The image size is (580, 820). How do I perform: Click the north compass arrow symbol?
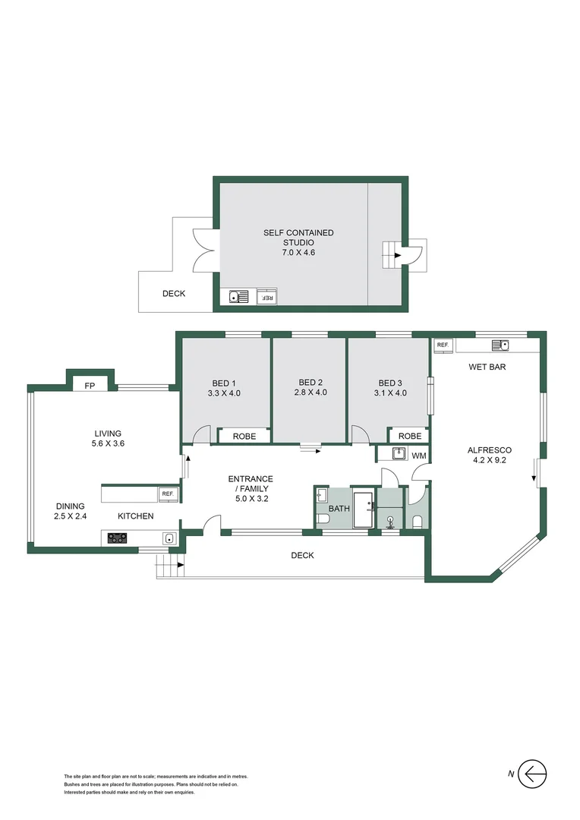click(533, 774)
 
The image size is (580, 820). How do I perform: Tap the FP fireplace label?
click(90, 386)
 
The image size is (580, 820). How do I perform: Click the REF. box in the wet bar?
click(443, 345)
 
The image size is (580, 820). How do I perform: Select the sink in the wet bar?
click(500, 345)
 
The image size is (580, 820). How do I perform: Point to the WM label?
click(418, 456)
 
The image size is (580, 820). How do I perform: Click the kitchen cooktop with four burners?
click(118, 538)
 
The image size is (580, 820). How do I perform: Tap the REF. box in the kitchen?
click(167, 494)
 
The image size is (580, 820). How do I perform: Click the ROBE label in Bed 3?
click(409, 436)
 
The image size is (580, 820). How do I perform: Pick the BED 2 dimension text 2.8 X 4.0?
click(310, 393)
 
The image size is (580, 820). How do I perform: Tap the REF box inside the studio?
click(267, 298)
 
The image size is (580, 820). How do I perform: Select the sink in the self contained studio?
click(238, 297)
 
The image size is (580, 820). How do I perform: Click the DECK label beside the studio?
click(174, 293)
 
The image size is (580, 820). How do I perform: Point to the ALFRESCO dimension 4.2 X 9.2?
click(487, 460)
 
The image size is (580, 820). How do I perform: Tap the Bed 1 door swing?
click(201, 435)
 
